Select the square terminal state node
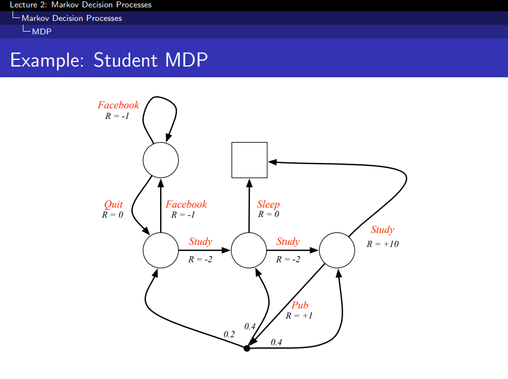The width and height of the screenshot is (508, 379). point(249,160)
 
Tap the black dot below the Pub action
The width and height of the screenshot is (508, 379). point(246,349)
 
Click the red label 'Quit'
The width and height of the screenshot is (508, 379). point(113,204)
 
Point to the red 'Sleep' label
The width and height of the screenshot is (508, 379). point(268,204)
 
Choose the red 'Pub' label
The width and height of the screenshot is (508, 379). point(300,306)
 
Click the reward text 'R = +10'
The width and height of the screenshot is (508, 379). point(383,244)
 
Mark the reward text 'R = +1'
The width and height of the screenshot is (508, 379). point(299,316)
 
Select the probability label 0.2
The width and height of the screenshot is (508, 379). point(229,334)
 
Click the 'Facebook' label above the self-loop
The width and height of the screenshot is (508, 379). point(118,105)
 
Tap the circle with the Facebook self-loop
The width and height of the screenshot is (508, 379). point(161,160)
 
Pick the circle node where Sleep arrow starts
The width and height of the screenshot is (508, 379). point(249,250)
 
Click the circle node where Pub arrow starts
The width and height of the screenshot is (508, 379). point(337,250)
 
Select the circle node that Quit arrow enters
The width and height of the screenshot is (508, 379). point(161,250)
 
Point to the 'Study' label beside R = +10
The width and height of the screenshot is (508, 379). point(382,230)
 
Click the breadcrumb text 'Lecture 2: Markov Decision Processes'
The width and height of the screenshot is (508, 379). point(77,5)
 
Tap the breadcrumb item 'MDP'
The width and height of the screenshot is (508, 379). point(42,32)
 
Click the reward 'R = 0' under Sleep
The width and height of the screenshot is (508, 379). point(268,214)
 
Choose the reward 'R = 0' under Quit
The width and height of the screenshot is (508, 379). point(113,214)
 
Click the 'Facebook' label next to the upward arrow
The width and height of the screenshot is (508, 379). point(186,204)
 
